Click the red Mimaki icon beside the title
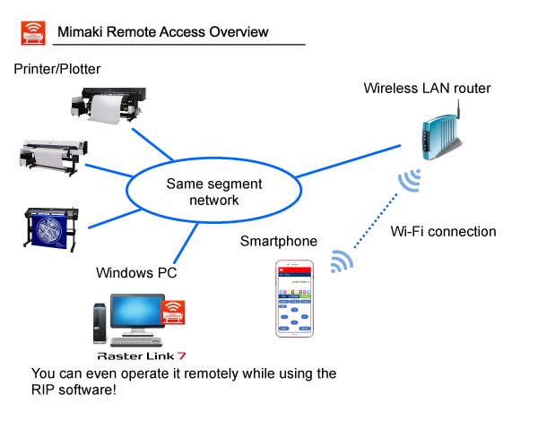tap(32, 32)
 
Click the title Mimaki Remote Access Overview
tap(162, 32)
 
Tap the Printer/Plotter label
tap(57, 69)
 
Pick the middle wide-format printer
tap(51, 156)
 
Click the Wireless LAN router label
tap(427, 89)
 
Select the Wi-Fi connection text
tap(443, 232)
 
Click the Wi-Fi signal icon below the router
tap(411, 182)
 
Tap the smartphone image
tap(295, 299)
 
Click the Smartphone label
tap(278, 242)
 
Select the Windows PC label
tap(137, 271)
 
